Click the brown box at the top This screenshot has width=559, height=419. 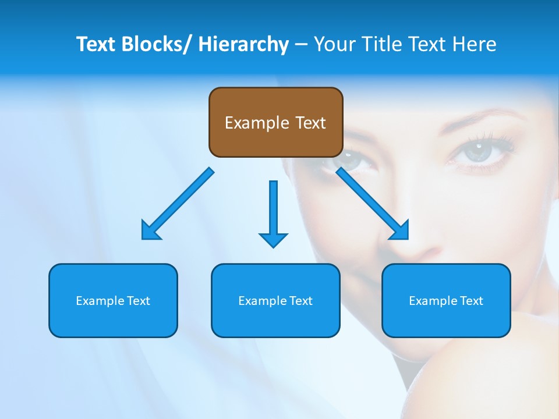point(275,122)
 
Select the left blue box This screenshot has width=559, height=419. point(113,300)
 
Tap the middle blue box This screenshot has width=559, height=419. point(275,300)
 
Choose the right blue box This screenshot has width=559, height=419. point(446,300)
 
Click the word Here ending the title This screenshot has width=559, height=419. point(474,44)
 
